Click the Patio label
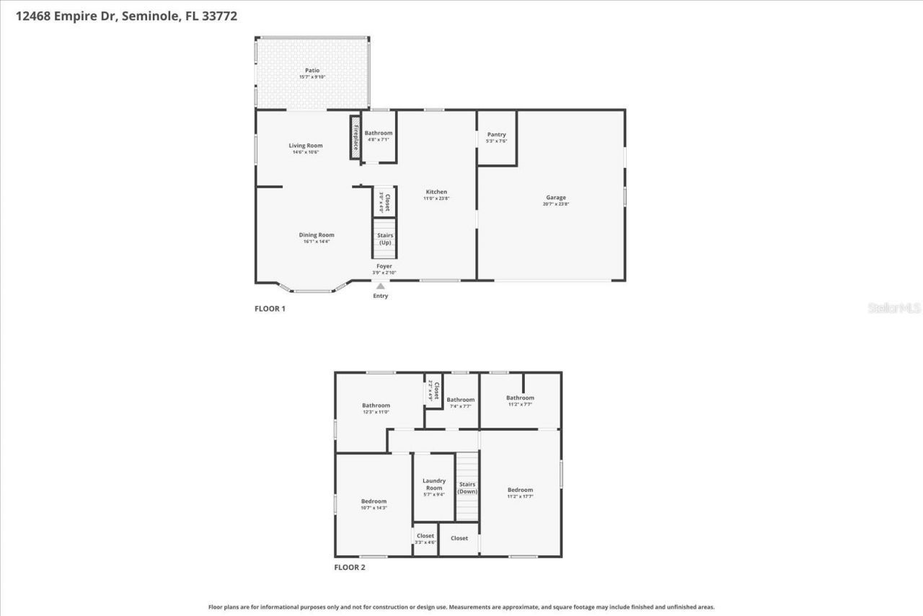click(x=312, y=71)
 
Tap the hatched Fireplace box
click(x=355, y=136)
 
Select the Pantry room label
click(x=496, y=135)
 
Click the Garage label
click(x=555, y=198)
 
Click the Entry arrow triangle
click(x=380, y=286)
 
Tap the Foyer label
click(x=384, y=266)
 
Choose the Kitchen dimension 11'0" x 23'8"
click(x=436, y=198)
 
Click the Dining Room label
click(x=317, y=235)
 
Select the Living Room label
click(x=306, y=146)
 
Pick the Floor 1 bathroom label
click(x=379, y=133)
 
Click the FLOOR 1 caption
click(x=270, y=309)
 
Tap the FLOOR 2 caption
click(x=349, y=568)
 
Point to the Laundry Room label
click(x=433, y=484)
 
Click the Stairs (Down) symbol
click(x=467, y=488)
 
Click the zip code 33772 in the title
click(x=222, y=15)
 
